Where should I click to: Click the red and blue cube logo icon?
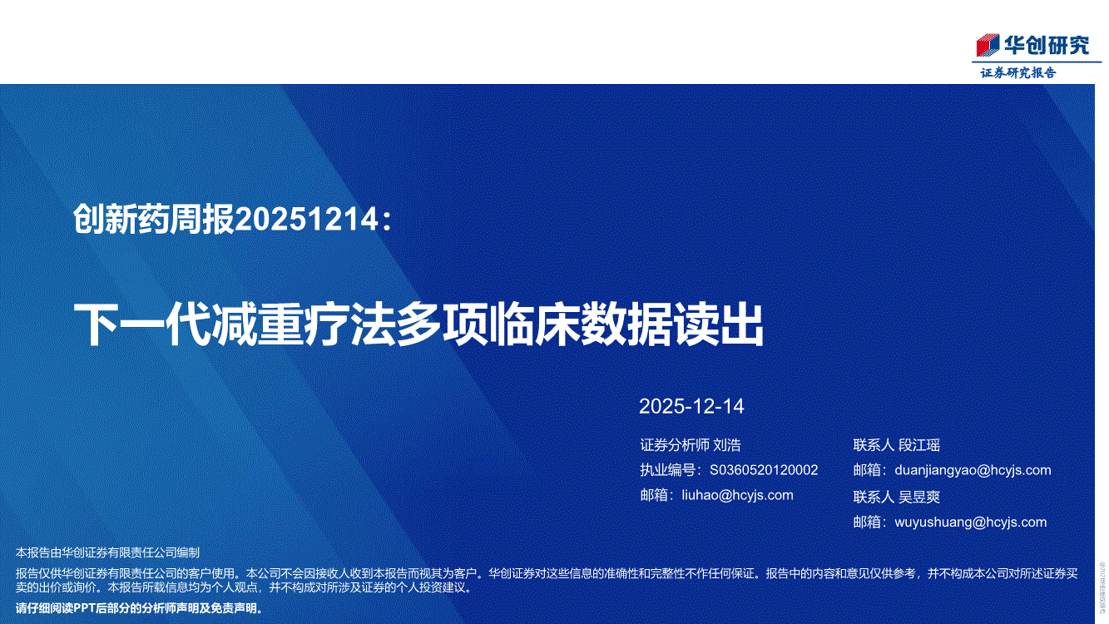click(988, 45)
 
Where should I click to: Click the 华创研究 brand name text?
click(1047, 45)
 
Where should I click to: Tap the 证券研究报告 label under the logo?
click(1018, 73)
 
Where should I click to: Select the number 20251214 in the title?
click(307, 219)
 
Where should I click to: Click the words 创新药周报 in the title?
click(153, 219)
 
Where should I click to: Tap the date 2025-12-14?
click(691, 407)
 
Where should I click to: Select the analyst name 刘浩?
click(727, 445)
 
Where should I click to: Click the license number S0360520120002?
click(764, 470)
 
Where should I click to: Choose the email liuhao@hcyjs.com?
click(737, 495)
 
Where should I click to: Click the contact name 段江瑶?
click(918, 445)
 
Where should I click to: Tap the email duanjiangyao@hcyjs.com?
click(973, 470)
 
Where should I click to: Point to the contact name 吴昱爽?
click(918, 497)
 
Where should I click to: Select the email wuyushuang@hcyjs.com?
click(971, 522)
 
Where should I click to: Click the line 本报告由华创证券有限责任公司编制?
click(107, 552)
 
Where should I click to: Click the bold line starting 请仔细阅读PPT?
click(139, 608)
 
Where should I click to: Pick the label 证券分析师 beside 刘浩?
click(675, 445)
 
